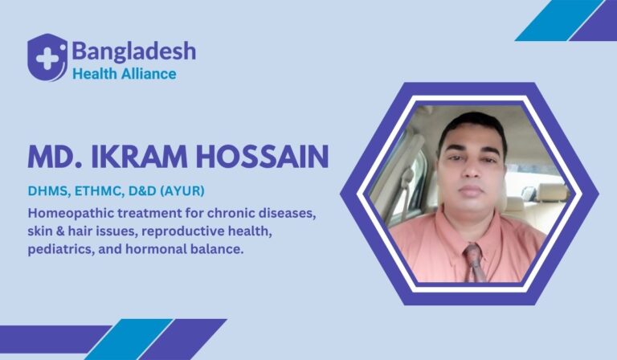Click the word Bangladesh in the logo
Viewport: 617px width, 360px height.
point(133,51)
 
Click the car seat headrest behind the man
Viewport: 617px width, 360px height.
point(550,191)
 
